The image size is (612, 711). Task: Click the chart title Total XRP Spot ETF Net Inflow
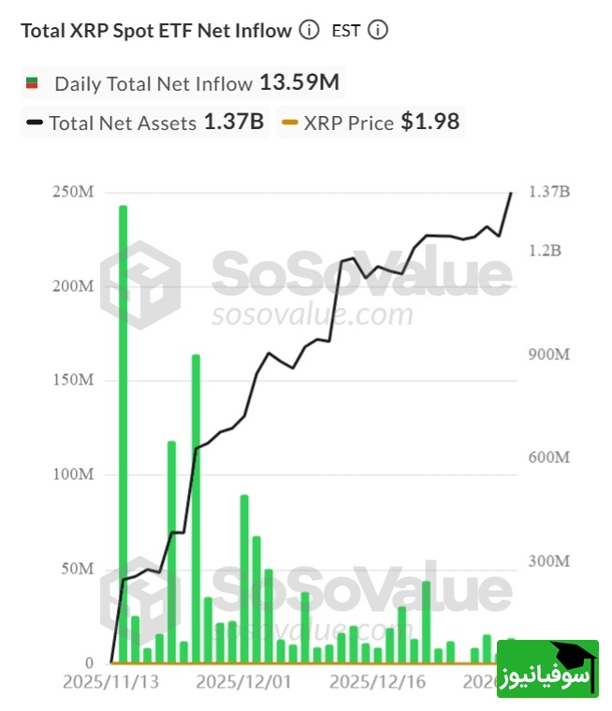(x=156, y=30)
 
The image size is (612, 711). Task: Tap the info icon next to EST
(x=377, y=30)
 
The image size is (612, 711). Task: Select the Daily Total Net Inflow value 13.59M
(x=299, y=82)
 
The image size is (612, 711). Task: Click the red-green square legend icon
(x=31, y=83)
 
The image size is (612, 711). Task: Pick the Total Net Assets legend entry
(x=122, y=123)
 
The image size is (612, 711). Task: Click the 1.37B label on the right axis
(x=548, y=192)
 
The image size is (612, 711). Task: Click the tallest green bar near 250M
(x=123, y=430)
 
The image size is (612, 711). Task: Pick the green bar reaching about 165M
(x=196, y=505)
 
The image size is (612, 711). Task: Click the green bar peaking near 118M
(x=171, y=552)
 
